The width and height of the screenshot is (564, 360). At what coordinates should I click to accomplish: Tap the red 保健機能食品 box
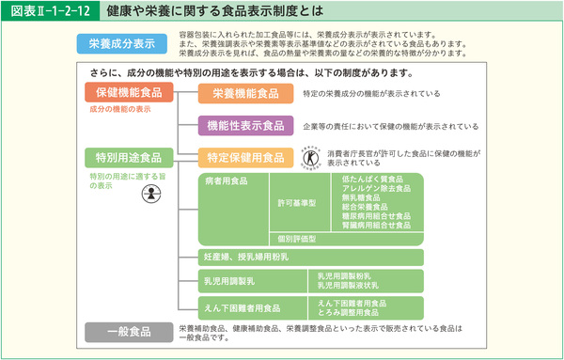[x=129, y=92]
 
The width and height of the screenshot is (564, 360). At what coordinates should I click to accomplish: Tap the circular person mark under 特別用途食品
[x=147, y=195]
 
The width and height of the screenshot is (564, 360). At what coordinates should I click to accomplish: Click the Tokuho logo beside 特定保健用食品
[x=309, y=156]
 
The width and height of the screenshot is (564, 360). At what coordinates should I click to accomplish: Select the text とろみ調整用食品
[x=352, y=311]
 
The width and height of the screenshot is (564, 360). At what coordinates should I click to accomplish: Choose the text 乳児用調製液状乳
[x=352, y=285]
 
